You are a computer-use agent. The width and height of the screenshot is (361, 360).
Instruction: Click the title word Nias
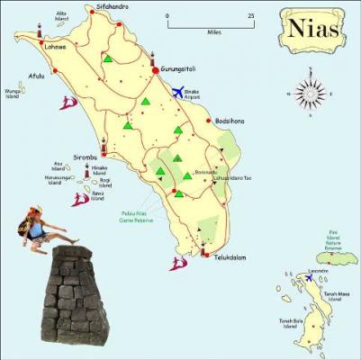tap(315, 29)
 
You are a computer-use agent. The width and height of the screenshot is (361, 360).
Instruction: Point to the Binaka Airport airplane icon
tap(177, 90)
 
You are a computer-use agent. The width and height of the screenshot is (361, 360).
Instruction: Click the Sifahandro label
tap(111, 7)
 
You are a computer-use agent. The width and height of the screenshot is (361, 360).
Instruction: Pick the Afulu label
tap(36, 76)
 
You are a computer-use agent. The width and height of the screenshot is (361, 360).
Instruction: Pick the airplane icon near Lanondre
tap(311, 278)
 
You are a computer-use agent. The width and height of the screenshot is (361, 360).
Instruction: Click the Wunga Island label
tap(13, 93)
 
